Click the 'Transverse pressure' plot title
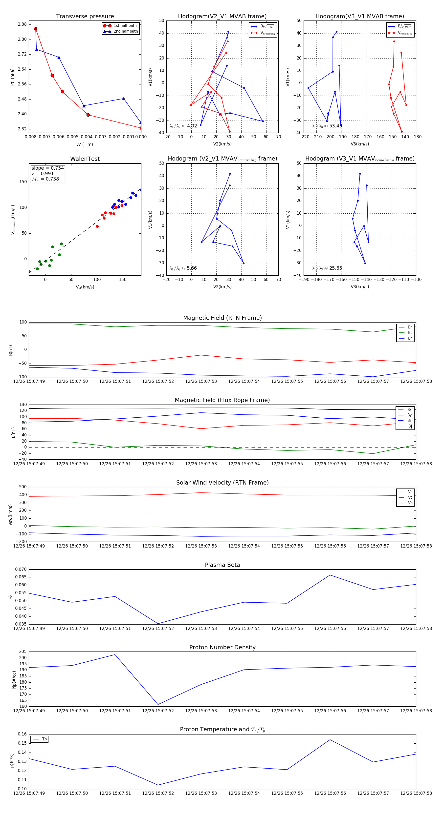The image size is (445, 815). tap(85, 17)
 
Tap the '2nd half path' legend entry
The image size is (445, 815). tap(125, 31)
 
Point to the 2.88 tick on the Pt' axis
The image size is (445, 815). tap(22, 24)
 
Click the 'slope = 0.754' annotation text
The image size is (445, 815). tap(47, 168)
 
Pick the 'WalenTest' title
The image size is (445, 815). tap(85, 159)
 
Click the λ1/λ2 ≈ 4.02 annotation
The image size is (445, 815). tap(183, 126)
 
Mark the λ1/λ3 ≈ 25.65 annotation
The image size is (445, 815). tap(327, 268)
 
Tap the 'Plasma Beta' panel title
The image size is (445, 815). tap(222, 565)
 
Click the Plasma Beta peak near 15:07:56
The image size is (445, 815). tap(330, 575)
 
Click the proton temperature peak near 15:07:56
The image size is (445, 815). tap(330, 740)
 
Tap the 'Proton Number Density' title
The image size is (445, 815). tap(222, 647)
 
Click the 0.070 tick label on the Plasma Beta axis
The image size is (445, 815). tap(21, 570)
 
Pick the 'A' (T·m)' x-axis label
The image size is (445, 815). tap(85, 144)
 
